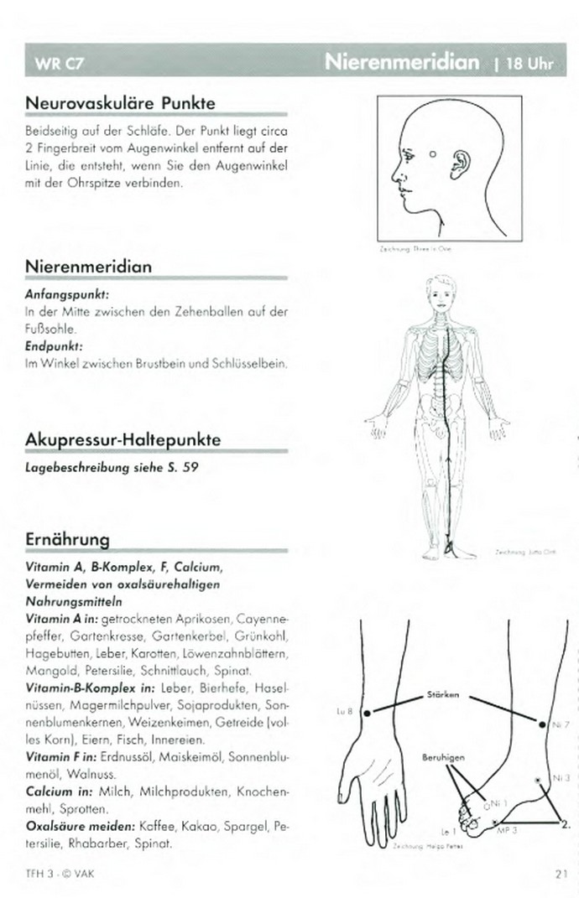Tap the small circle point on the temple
431,154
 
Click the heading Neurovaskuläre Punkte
121,103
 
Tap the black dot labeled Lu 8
366,712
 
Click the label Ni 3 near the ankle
561,777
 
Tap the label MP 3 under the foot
508,829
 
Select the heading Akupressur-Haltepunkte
123,440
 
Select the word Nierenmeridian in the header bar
402,62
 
